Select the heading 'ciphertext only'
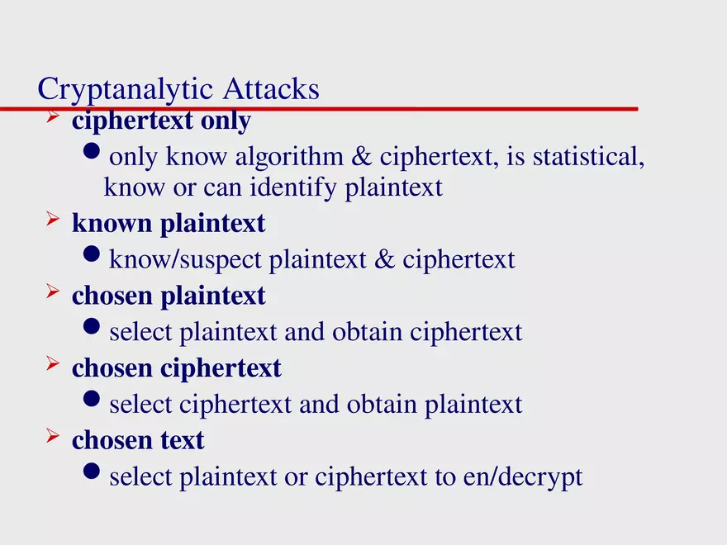161,121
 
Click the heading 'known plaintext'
169,223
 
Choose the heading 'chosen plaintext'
169,296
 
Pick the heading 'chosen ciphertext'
177,367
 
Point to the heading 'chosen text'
138,440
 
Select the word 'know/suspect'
187,260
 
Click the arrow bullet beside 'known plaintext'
53,220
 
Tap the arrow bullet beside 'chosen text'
53,438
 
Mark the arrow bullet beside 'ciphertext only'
53,119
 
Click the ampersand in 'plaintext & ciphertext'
384,260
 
